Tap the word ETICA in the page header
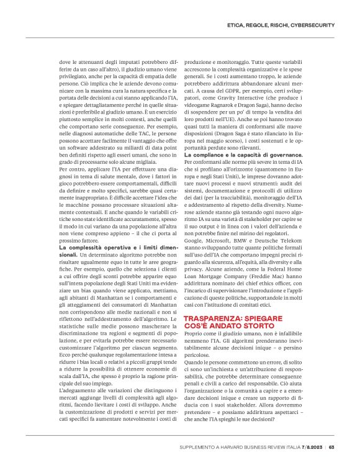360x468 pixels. [x=238, y=24]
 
